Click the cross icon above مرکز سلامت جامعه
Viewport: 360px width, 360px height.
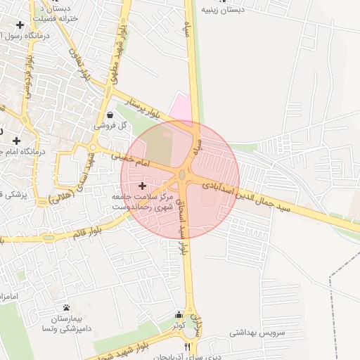[143, 186]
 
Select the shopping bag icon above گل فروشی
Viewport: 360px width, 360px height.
[110, 115]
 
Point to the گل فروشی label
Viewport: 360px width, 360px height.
[113, 125]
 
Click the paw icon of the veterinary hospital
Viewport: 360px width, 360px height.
[66, 307]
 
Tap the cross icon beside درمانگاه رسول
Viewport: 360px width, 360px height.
[21, 25]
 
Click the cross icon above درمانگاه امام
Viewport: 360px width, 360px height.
[15, 141]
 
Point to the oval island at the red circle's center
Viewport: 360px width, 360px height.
[182, 174]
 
